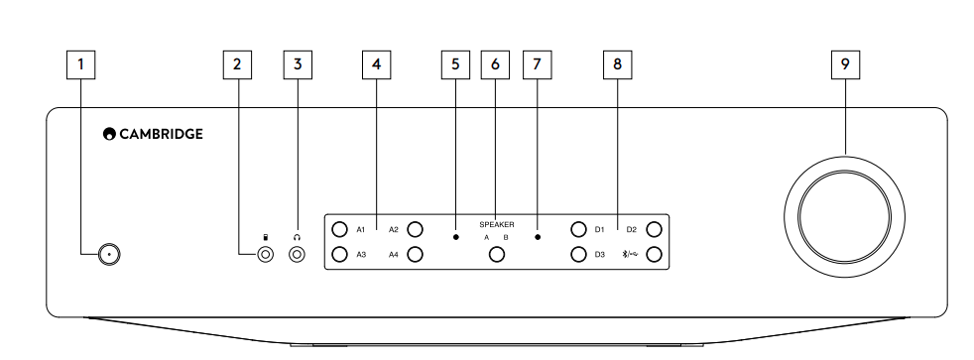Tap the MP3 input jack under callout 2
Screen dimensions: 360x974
(x=266, y=255)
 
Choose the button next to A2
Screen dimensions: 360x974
(x=416, y=230)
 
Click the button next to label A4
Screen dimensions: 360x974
(x=416, y=254)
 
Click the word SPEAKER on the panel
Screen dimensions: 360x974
(x=496, y=225)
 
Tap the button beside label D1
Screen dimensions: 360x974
(x=578, y=230)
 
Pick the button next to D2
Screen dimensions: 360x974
(x=654, y=230)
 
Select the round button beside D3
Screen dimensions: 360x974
(x=578, y=254)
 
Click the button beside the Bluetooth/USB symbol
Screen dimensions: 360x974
(x=654, y=254)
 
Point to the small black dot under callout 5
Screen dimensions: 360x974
(x=455, y=238)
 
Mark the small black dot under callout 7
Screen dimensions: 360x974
(x=537, y=238)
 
